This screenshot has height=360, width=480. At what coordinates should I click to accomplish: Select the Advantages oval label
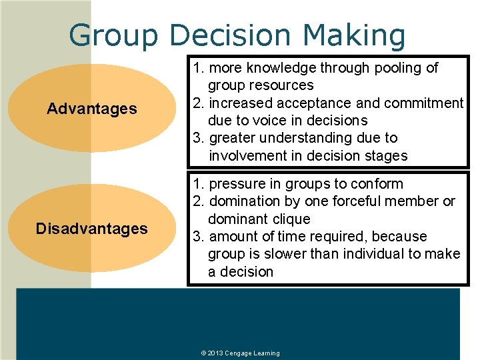[92, 109]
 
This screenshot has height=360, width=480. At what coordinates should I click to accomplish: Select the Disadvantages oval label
[92, 229]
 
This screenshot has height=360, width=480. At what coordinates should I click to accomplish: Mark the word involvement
[249, 156]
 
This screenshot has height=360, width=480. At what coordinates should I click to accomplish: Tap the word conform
[379, 183]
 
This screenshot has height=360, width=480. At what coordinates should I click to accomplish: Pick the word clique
[292, 219]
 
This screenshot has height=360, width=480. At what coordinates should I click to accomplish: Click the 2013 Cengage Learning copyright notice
[240, 353]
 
